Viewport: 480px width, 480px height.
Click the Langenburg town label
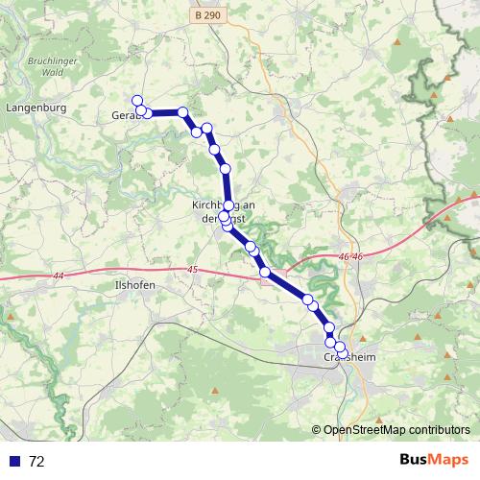coord(36,108)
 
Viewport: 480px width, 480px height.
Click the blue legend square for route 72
coord(14,461)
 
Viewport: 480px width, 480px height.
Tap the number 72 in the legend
coord(37,461)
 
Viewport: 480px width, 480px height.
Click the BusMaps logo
coord(434,460)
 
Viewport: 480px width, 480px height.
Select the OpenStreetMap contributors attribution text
coord(396,430)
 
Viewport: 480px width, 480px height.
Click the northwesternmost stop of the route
coord(137,100)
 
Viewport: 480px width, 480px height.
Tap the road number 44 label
coord(59,276)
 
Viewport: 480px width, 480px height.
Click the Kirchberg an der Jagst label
coord(223,211)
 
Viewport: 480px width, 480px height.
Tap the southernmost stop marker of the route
coord(341,352)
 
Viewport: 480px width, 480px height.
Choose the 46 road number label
coord(350,257)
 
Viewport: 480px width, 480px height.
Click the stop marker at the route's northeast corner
coord(182,112)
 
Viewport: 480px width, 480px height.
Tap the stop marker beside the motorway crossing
coord(265,274)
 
